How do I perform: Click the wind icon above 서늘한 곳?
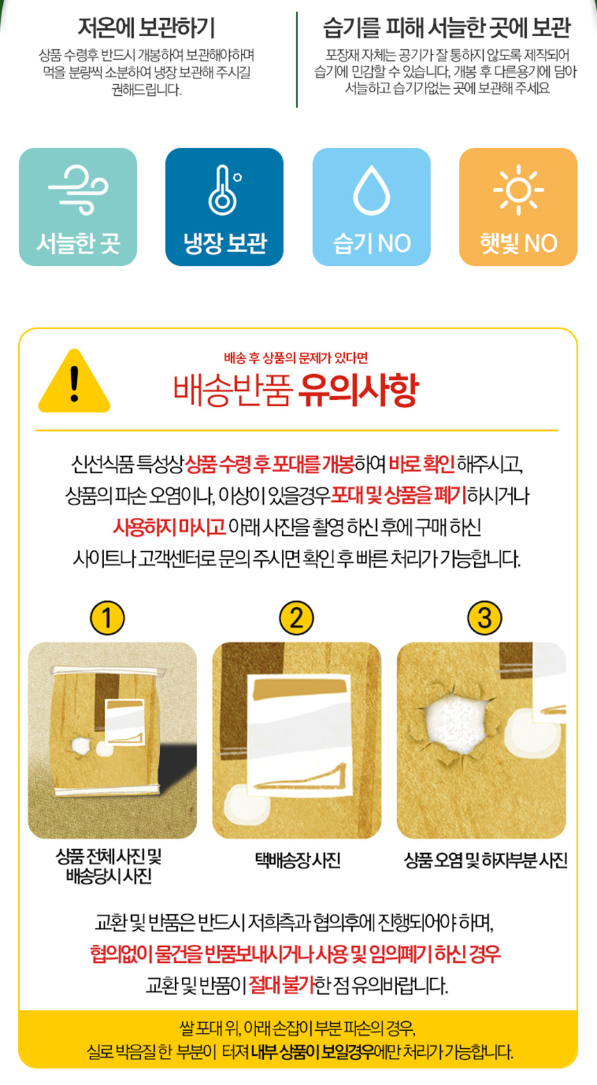coord(78,190)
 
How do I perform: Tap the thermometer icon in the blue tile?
coord(224,190)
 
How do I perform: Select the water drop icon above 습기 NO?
coord(371,190)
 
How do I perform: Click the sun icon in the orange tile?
coord(518,190)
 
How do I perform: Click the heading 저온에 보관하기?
coord(146,28)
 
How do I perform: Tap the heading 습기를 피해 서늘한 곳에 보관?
coord(446,28)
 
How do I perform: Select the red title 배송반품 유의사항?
coord(295,390)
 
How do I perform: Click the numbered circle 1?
coord(108,618)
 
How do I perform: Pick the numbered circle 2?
coord(296,618)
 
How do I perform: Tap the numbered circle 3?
coord(485,618)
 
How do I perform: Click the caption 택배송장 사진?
coord(298,860)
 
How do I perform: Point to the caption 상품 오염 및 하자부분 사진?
coord(485,860)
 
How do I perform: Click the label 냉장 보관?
coord(225,243)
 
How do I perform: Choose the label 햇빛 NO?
coord(519,243)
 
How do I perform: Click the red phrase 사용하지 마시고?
coord(169,526)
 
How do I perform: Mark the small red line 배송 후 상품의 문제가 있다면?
coord(296,358)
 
